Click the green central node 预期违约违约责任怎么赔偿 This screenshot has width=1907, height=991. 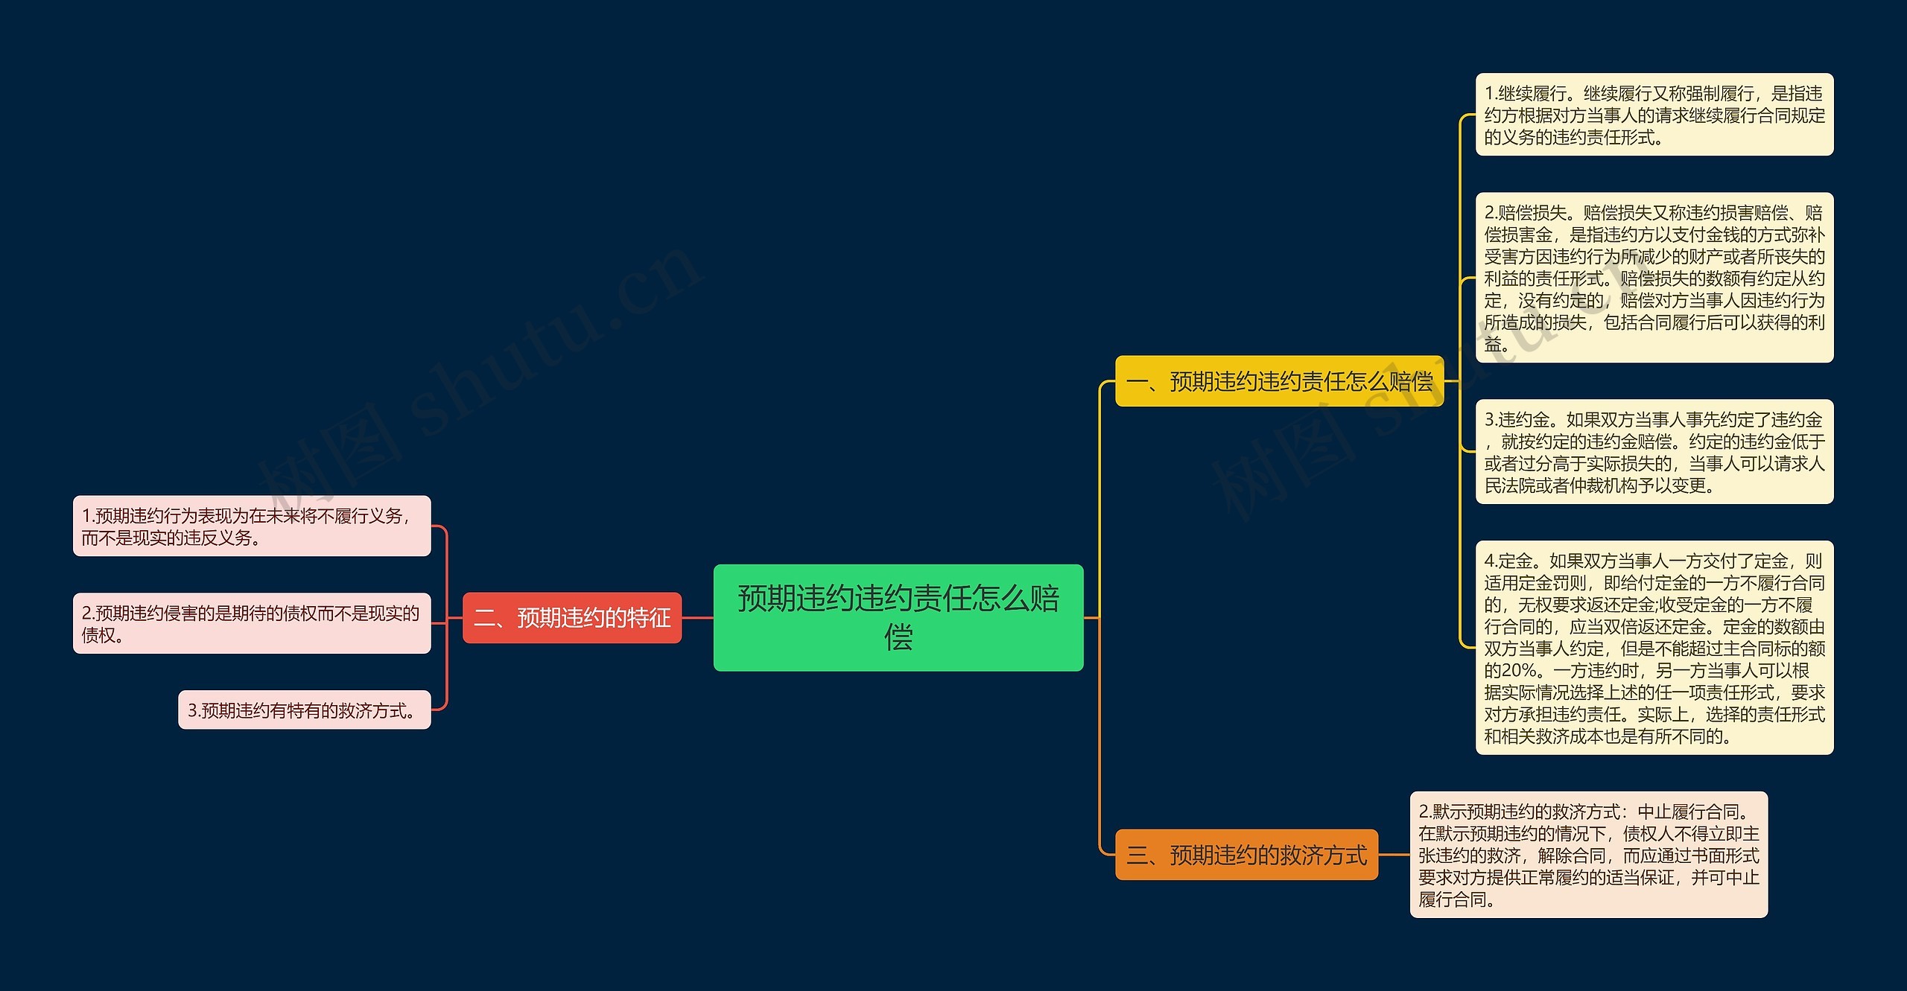[898, 617]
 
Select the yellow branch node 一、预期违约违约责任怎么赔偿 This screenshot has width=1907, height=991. [1278, 381]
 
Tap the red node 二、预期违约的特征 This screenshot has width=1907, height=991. [571, 617]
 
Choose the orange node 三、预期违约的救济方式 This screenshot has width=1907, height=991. [1246, 855]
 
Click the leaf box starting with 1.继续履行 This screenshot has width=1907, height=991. [1654, 115]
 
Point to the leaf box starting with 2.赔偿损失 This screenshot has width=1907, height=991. [1654, 278]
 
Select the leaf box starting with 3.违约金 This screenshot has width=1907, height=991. [1654, 452]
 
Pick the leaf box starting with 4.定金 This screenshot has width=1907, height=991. [1654, 648]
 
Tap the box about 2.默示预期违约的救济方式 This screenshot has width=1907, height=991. [1588, 855]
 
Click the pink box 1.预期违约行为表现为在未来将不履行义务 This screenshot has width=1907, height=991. [251, 526]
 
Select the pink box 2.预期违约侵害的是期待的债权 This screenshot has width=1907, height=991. [251, 623]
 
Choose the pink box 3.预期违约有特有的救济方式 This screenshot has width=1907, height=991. [304, 710]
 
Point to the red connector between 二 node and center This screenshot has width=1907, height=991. [697, 617]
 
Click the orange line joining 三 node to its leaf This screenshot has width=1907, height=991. [1394, 855]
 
